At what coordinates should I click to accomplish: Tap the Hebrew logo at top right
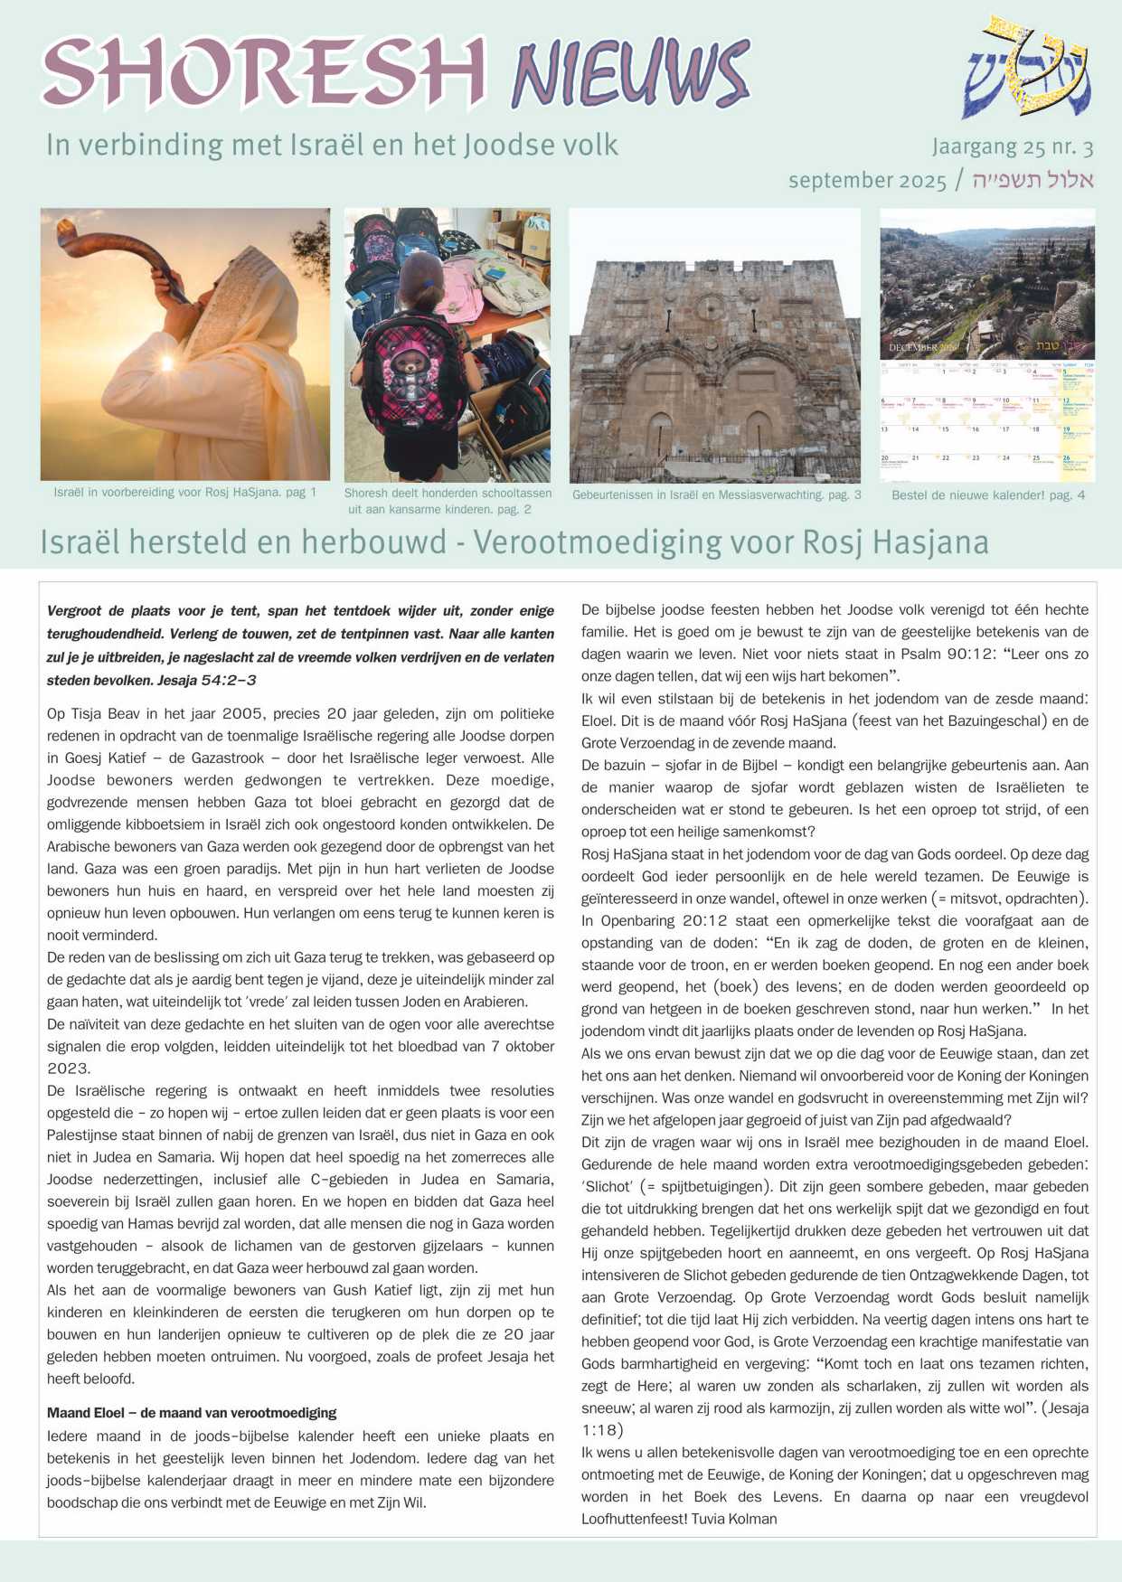coord(1027,69)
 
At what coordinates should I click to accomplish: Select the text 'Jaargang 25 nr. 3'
coord(1013,146)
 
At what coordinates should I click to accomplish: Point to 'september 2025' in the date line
coord(866,180)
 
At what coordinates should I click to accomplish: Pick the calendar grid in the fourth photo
coord(986,420)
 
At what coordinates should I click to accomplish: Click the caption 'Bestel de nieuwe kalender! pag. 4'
coord(987,495)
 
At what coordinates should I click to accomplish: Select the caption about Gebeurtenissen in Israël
coord(716,495)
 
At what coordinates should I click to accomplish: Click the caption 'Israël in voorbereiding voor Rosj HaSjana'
coord(184,493)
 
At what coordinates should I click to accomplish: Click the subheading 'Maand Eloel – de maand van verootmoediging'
coord(192,1412)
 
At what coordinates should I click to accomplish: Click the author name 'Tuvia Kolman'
coord(733,1519)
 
